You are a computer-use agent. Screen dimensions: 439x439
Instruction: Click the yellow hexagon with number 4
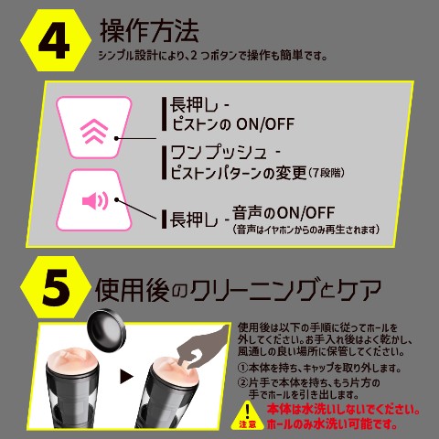[x=56, y=40]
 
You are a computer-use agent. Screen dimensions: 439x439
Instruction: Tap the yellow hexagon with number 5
[x=56, y=287]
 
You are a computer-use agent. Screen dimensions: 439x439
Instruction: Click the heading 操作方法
[x=149, y=30]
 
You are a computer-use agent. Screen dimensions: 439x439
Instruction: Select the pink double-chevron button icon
[x=94, y=132]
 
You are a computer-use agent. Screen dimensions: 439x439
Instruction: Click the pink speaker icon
[x=95, y=200]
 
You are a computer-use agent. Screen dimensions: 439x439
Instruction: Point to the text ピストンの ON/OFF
[x=232, y=124]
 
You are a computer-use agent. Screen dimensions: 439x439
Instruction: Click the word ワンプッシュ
[x=219, y=153]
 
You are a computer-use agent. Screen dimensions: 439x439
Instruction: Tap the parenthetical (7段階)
[x=327, y=173]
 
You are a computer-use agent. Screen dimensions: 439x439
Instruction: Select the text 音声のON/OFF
[x=284, y=213]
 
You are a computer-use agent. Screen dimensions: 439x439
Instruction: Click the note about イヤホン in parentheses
[x=305, y=230]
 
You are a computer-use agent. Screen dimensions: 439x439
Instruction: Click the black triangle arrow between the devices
[x=126, y=377]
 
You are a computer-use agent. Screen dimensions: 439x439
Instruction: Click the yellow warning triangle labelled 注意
[x=248, y=415]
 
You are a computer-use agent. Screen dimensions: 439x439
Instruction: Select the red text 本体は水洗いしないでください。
[x=344, y=410]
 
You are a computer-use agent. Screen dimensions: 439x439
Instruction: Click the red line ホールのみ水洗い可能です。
[x=332, y=424]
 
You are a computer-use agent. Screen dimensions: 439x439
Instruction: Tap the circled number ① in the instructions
[x=243, y=368]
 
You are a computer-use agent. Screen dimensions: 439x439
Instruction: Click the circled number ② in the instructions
[x=243, y=382]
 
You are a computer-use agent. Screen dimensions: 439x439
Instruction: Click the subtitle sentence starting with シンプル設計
[x=213, y=56]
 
